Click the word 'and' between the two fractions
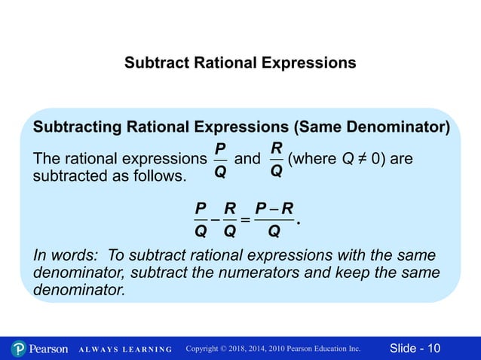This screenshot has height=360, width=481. [x=247, y=160]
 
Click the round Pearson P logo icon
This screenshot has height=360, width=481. [x=19, y=349]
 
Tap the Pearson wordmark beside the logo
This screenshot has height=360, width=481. [x=50, y=349]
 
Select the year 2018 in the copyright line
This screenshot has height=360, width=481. [x=245, y=349]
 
